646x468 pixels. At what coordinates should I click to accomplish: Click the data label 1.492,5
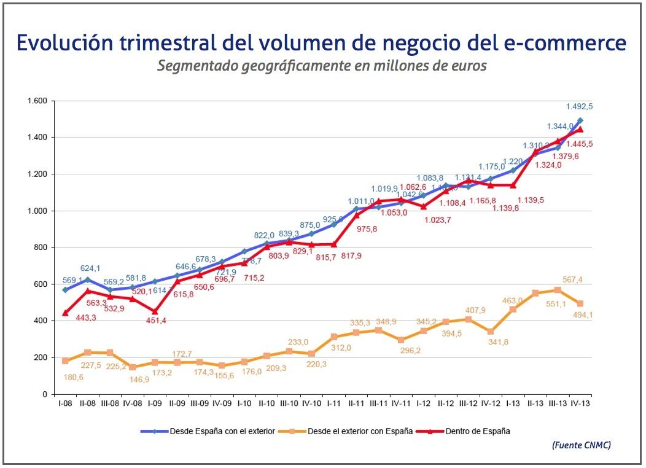click(579, 107)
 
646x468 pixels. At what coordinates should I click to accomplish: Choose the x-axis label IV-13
click(580, 403)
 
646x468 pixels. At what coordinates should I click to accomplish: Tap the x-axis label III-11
click(379, 403)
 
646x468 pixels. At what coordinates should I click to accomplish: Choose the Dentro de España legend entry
click(478, 431)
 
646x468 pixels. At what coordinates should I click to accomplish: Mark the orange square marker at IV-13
click(580, 303)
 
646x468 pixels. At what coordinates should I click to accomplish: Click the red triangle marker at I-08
click(65, 313)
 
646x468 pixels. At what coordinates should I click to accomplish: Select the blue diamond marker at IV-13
click(580, 120)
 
